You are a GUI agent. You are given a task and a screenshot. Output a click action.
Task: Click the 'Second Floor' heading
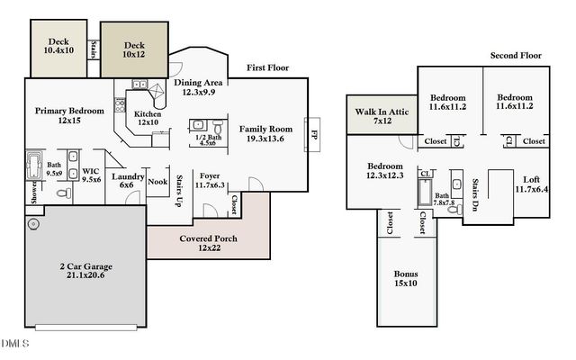tap(515, 56)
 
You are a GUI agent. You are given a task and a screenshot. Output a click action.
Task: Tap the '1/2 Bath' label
tap(207, 137)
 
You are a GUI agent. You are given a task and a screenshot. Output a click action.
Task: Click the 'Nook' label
tap(157, 181)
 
